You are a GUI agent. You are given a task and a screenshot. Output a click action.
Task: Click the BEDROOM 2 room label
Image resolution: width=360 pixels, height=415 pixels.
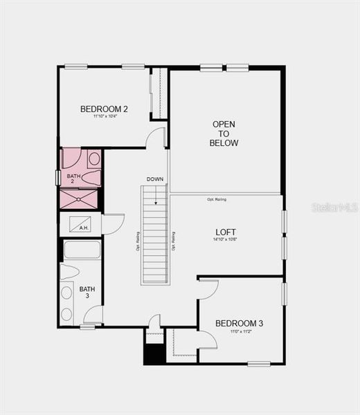point(104,109)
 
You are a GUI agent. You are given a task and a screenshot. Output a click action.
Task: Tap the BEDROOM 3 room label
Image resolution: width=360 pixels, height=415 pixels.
point(239,323)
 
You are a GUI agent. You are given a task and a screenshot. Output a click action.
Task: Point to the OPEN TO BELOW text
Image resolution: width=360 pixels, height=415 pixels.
point(224,133)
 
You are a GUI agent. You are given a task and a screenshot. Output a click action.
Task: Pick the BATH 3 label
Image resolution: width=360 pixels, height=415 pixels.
point(87,292)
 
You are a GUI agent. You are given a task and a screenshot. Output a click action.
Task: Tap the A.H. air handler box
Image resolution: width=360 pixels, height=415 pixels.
point(80,224)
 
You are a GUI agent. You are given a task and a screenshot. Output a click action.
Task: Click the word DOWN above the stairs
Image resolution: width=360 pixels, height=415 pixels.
point(155,179)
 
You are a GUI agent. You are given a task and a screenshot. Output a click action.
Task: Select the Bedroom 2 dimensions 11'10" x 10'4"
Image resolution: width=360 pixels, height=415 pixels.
point(104,116)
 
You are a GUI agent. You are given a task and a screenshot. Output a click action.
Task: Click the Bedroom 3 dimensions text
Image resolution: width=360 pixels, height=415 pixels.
point(239,331)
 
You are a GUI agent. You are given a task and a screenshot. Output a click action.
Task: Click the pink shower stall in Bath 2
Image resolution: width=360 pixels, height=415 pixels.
point(78,199)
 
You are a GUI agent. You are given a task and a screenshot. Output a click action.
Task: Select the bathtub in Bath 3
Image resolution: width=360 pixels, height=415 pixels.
point(82,250)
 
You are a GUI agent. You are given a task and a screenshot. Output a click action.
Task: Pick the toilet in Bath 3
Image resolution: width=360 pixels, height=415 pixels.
point(69,271)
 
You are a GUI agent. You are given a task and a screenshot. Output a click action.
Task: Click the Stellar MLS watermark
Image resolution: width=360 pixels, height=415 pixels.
point(334,207)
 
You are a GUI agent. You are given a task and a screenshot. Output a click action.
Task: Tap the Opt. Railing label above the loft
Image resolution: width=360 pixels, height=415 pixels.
point(216,199)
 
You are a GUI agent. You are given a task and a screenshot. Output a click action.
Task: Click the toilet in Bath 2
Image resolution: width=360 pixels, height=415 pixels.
point(93,159)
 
